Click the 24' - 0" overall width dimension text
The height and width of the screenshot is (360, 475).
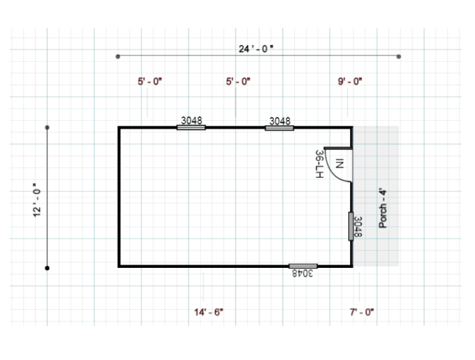(x=256, y=48)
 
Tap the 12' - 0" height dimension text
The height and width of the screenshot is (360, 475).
(x=37, y=200)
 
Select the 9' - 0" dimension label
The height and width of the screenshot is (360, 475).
(x=350, y=81)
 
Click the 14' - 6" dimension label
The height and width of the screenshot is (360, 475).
(x=209, y=312)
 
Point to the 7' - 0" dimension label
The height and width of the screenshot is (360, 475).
(x=362, y=312)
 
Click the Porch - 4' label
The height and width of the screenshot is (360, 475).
(x=383, y=209)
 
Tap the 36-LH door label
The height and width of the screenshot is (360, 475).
(x=320, y=164)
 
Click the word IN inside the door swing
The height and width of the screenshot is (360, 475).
(x=340, y=164)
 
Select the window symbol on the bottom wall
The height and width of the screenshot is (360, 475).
(x=303, y=266)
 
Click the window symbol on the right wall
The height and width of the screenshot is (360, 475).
(x=351, y=226)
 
